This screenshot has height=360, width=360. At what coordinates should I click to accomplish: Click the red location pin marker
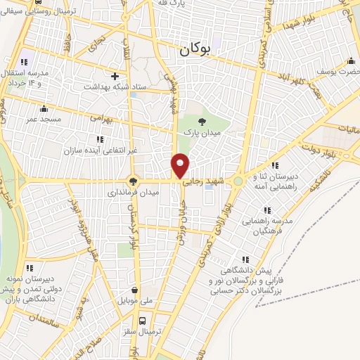(181, 165)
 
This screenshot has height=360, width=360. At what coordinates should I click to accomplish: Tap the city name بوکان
(195, 49)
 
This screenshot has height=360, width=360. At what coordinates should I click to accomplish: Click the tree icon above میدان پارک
(202, 122)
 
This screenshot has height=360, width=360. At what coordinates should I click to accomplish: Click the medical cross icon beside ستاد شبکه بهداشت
(115, 76)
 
